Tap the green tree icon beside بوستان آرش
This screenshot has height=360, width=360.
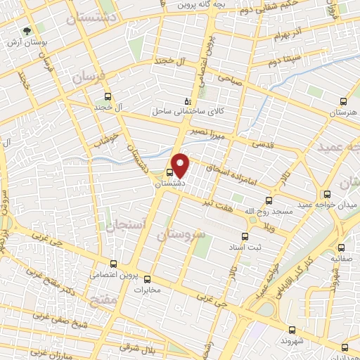[x=27, y=32]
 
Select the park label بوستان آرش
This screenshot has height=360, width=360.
[x=28, y=42]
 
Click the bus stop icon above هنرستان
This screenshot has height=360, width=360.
[x=342, y=101]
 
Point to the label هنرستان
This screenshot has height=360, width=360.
[x=342, y=112]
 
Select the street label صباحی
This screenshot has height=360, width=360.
[x=230, y=80]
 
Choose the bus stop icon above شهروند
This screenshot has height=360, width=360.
[x=292, y=328]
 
